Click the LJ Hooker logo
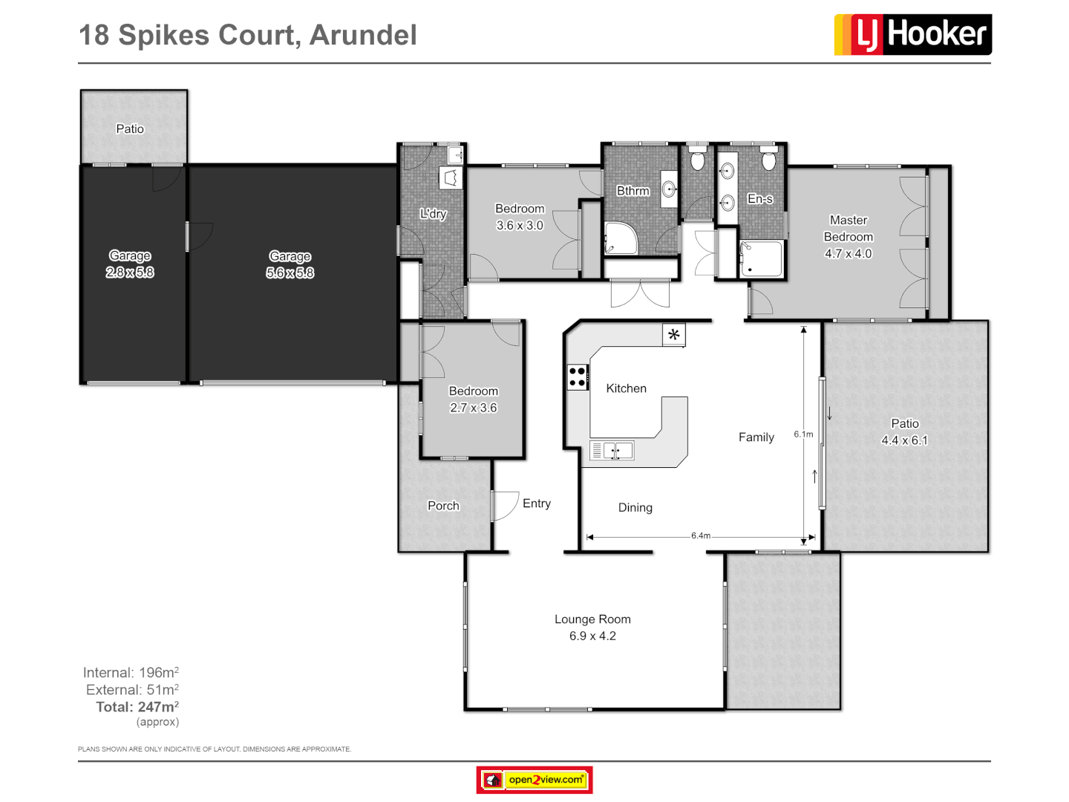[912, 34]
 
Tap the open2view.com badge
[534, 780]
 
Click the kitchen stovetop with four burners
[578, 377]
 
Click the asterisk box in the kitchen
[673, 335]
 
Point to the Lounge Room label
[592, 619]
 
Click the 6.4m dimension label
[700, 535]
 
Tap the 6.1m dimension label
[803, 434]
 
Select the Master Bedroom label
[848, 229]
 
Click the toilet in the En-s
[769, 160]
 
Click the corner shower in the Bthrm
[620, 239]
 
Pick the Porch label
[443, 506]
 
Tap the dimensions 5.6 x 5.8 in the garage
[290, 273]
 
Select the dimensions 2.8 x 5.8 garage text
[130, 273]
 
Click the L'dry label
[433, 214]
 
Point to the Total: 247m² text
[137, 707]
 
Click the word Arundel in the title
[363, 35]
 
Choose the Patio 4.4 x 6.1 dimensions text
[904, 440]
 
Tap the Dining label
[635, 508]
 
